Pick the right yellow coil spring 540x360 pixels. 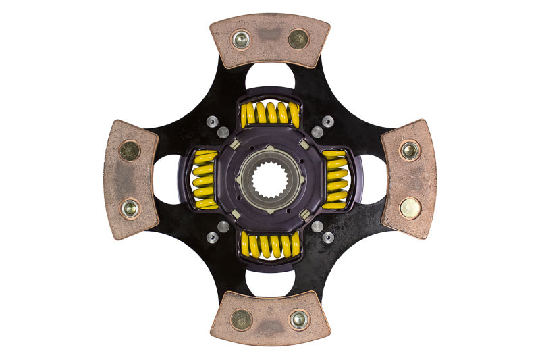tap(335, 179)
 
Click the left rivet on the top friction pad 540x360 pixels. tap(241, 39)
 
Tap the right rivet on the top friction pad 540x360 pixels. tap(298, 38)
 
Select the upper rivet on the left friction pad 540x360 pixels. tap(130, 150)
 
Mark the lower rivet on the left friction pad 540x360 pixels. tap(130, 207)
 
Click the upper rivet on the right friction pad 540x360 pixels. tap(410, 151)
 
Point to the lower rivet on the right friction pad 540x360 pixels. tap(410, 208)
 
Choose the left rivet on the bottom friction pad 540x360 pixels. tap(241, 319)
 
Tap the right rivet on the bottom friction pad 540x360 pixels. tap(298, 319)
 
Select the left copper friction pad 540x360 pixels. tap(130, 179)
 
